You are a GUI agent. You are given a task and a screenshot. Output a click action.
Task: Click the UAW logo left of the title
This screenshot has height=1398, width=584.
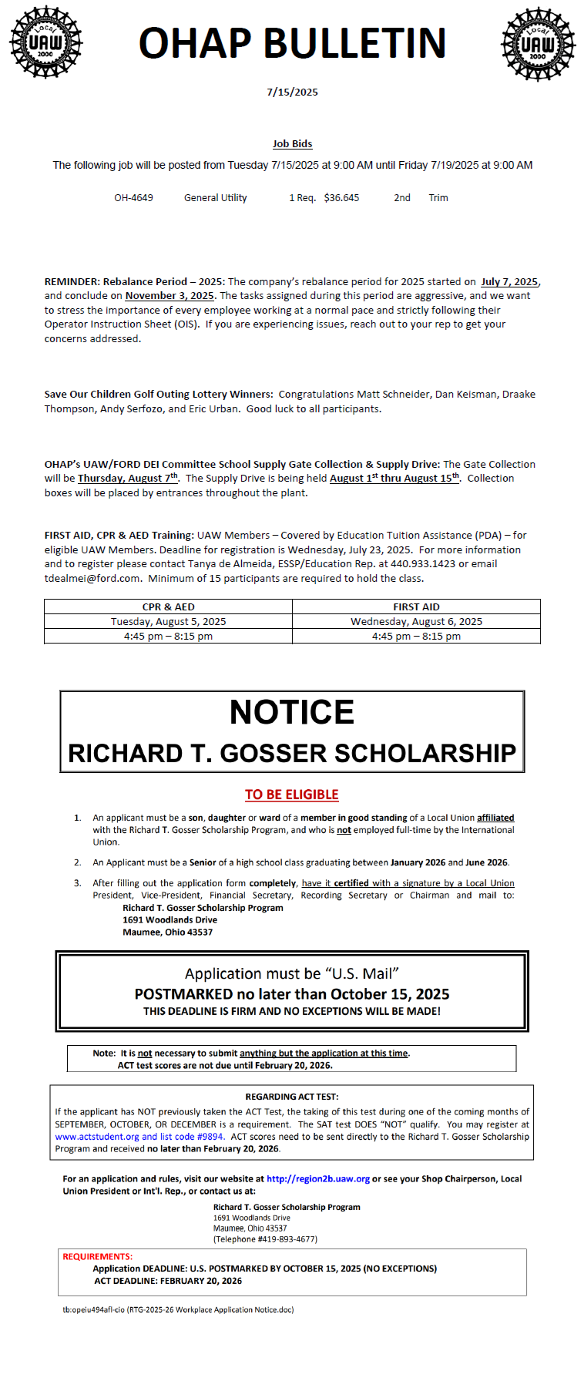(x=45, y=42)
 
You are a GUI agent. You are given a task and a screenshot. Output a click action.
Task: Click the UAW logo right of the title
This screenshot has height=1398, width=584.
(x=538, y=44)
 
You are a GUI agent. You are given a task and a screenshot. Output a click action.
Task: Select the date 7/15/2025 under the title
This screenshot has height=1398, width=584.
(x=292, y=92)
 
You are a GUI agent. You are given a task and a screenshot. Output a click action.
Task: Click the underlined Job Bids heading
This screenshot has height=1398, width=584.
(x=292, y=144)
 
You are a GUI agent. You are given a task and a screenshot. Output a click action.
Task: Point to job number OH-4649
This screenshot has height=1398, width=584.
(x=133, y=198)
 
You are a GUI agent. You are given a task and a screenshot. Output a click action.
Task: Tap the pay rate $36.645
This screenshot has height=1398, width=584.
(x=341, y=198)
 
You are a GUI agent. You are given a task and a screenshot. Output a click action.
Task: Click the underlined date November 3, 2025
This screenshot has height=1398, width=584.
(x=169, y=296)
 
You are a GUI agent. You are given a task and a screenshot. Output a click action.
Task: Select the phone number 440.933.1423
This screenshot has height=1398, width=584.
(x=423, y=564)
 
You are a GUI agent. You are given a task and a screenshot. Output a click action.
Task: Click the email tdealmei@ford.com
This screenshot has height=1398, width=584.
(x=92, y=578)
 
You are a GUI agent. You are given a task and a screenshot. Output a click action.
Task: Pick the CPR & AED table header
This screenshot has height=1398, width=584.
(x=168, y=607)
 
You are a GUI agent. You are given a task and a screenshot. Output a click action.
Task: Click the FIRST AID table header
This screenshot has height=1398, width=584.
(x=416, y=607)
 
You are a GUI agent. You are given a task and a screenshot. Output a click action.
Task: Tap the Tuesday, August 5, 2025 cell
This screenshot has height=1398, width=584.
(x=168, y=622)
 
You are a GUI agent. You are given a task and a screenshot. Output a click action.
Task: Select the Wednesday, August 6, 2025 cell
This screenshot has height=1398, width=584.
(x=416, y=622)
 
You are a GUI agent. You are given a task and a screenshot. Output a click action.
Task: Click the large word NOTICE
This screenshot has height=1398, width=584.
(x=292, y=712)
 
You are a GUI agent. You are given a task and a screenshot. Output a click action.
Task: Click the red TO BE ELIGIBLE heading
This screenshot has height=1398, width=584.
(x=292, y=795)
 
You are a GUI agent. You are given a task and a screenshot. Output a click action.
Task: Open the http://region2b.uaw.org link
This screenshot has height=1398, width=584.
(x=318, y=1179)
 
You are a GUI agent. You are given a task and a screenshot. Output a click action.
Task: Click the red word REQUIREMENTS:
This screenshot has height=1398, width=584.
(x=98, y=1257)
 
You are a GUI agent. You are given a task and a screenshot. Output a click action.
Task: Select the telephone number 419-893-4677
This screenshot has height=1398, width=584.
(x=286, y=1239)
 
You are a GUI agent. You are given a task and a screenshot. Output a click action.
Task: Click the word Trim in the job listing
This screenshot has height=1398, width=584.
(x=438, y=198)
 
